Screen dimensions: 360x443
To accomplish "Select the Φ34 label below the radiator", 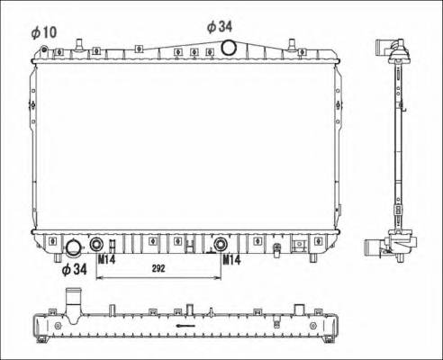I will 74,268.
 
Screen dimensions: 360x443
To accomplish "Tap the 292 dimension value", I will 160,268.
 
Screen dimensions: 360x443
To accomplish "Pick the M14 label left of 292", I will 106,260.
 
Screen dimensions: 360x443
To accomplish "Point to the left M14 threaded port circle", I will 96,244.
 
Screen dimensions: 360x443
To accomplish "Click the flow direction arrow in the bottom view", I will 185,326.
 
